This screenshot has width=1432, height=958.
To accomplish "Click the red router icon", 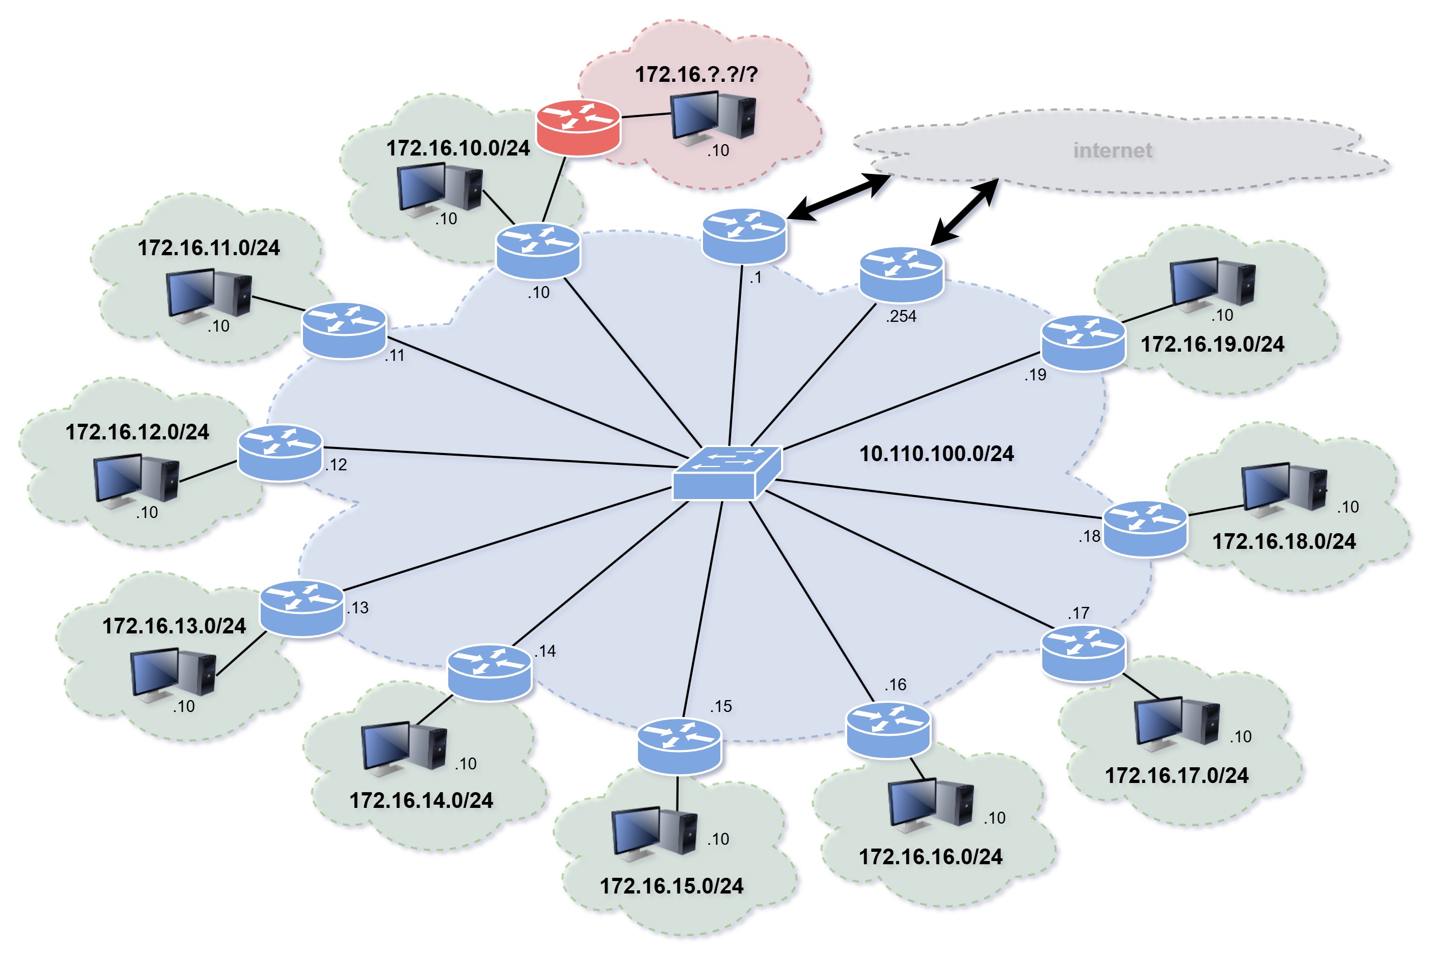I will click(578, 128).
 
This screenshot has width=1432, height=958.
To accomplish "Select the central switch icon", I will click(726, 474).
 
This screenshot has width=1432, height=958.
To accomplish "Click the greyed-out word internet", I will click(1112, 150).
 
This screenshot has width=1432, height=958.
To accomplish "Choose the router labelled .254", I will click(901, 274).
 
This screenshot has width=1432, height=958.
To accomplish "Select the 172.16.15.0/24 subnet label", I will click(671, 886).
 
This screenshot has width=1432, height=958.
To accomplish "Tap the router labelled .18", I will click(1145, 529).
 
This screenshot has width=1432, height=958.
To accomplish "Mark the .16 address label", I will click(895, 685).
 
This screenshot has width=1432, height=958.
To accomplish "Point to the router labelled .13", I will click(301, 609).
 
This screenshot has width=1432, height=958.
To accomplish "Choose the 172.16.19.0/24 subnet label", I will click(1212, 345).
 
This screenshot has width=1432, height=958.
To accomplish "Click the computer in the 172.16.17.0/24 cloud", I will click(1177, 723).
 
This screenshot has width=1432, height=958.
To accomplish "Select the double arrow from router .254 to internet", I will click(964, 212).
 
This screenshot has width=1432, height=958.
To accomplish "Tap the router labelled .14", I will click(489, 672).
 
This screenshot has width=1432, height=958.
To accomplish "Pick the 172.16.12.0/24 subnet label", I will click(137, 432).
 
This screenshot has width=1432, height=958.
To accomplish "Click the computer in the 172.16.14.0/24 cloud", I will click(403, 748).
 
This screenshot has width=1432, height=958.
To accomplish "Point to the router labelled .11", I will click(344, 331).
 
